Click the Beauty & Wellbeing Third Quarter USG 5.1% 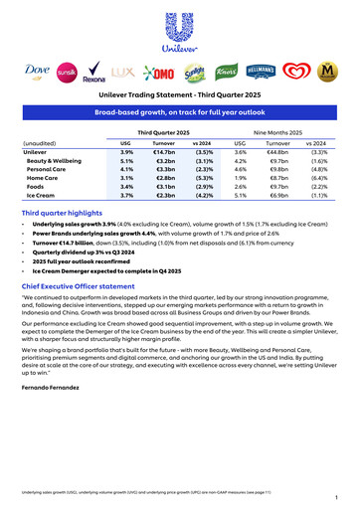[x=126, y=160]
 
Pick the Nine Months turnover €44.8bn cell [x=278, y=150]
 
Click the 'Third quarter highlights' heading [x=66, y=214]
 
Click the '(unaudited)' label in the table [x=40, y=142]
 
